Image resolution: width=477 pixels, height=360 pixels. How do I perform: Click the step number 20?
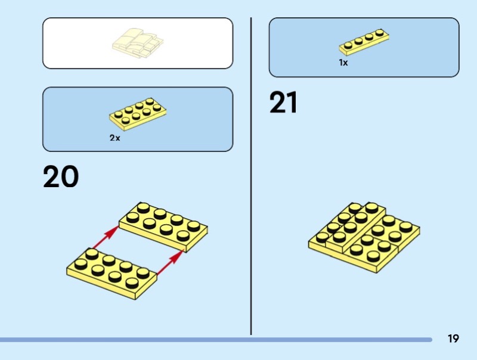61,177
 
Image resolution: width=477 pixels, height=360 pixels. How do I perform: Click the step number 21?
283,103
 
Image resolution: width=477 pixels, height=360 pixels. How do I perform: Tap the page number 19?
453,339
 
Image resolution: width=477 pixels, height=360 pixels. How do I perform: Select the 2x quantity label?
114,137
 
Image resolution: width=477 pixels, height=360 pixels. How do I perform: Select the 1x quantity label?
343,62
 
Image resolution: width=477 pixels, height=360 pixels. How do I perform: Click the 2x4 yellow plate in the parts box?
137,113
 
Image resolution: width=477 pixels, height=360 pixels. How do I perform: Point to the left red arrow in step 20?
103,237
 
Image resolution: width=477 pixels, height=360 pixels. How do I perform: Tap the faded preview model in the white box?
138,43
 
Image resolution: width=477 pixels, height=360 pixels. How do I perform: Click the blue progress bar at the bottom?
215,340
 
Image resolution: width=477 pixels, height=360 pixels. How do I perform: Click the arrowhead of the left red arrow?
115,229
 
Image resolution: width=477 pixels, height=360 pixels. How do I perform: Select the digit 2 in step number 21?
278,103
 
